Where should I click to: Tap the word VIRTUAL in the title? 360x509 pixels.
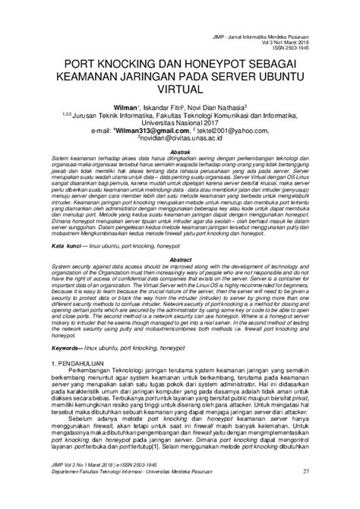coord(179,89)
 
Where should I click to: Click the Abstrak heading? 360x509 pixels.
coord(179,152)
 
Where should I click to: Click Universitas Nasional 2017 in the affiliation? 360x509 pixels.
coord(179,122)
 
